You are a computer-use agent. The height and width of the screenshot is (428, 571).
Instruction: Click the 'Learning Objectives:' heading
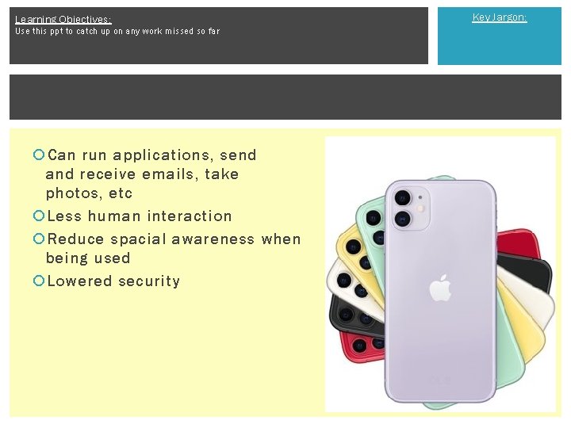coord(63,19)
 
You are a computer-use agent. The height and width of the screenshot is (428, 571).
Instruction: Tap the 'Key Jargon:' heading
coord(499,17)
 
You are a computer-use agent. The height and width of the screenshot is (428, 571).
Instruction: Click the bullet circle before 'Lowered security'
coord(39,281)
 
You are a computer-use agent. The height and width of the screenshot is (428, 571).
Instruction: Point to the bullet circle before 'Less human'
coord(39,216)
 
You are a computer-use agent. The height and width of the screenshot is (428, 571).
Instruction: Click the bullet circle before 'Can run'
coord(39,155)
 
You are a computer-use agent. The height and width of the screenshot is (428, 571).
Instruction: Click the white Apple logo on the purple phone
coord(440,289)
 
